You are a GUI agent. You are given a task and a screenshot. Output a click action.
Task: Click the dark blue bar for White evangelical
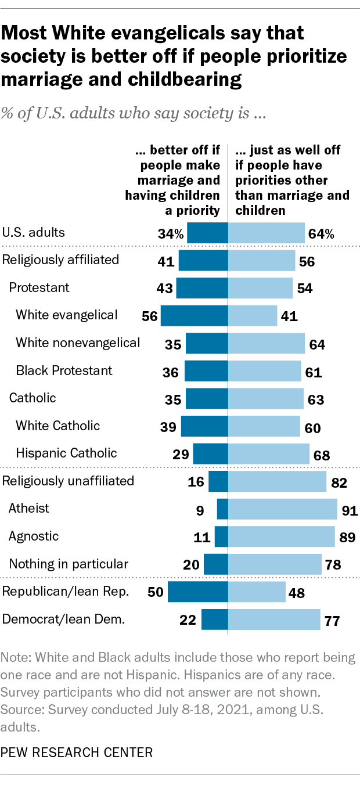point(194,315)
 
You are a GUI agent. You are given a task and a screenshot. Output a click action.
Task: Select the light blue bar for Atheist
point(282,509)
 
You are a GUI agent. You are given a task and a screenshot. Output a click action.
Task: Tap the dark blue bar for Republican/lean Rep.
point(197,592)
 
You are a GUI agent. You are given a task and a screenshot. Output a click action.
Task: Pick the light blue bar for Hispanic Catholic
point(268,453)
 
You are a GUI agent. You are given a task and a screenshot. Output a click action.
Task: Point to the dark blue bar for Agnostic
point(221,536)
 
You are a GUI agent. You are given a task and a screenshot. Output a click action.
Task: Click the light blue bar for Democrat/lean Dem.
point(273,620)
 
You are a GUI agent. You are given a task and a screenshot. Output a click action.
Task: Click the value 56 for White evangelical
point(149,315)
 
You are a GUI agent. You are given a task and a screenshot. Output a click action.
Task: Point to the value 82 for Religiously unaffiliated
point(339,481)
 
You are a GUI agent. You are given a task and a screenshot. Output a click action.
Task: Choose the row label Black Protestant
point(64,370)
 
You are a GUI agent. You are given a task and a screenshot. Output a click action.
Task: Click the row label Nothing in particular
point(68,563)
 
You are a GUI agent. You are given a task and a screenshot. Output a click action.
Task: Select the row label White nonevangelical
point(78,343)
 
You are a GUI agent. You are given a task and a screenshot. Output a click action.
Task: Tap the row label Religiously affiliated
point(61,260)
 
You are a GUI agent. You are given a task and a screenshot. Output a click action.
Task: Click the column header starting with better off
point(172,180)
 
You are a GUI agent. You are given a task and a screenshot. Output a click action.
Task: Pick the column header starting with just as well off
point(291,180)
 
